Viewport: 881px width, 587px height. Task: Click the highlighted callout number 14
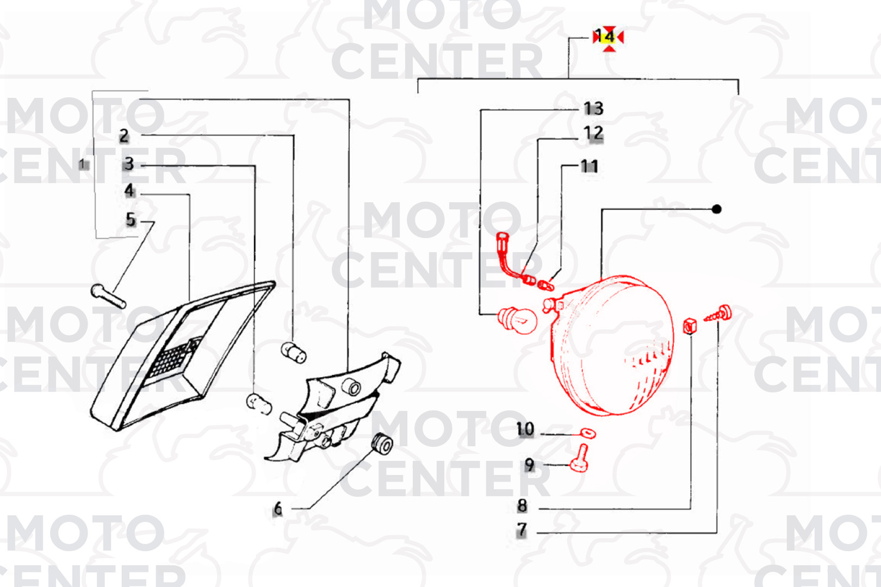(605, 36)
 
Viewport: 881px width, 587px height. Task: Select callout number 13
(593, 109)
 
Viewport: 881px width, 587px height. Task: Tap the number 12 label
(593, 133)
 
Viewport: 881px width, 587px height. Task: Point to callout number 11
(590, 166)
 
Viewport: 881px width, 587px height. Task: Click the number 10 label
(525, 429)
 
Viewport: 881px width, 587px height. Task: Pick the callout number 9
(530, 465)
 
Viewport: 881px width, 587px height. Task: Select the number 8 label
(522, 505)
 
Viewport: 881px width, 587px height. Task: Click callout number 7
(522, 529)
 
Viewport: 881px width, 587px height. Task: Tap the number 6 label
(278, 509)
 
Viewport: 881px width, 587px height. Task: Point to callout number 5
(131, 220)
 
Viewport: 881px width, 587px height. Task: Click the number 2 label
(124, 136)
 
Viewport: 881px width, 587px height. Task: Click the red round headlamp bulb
(517, 320)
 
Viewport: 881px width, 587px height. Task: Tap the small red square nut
(690, 326)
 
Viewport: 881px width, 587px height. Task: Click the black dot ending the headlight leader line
(717, 209)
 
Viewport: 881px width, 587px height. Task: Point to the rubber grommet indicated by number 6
(382, 444)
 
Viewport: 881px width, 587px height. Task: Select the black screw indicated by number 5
(108, 296)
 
